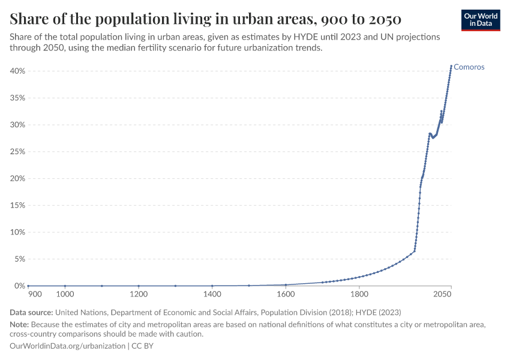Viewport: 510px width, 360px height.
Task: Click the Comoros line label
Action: (469, 67)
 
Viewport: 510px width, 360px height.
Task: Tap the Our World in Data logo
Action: (481, 20)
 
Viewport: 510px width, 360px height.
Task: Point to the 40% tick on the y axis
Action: (17, 71)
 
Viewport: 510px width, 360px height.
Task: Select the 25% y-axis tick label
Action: (17, 152)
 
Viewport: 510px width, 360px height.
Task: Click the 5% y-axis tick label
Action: (19, 259)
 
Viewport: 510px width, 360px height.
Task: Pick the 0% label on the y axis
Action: (19, 286)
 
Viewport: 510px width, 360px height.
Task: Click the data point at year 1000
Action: (65, 286)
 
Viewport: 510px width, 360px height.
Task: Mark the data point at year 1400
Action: (212, 286)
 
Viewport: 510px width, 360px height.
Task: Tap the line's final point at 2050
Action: (451, 66)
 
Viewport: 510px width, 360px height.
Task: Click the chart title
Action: (206, 19)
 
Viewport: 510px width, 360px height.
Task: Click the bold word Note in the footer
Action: (19, 325)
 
